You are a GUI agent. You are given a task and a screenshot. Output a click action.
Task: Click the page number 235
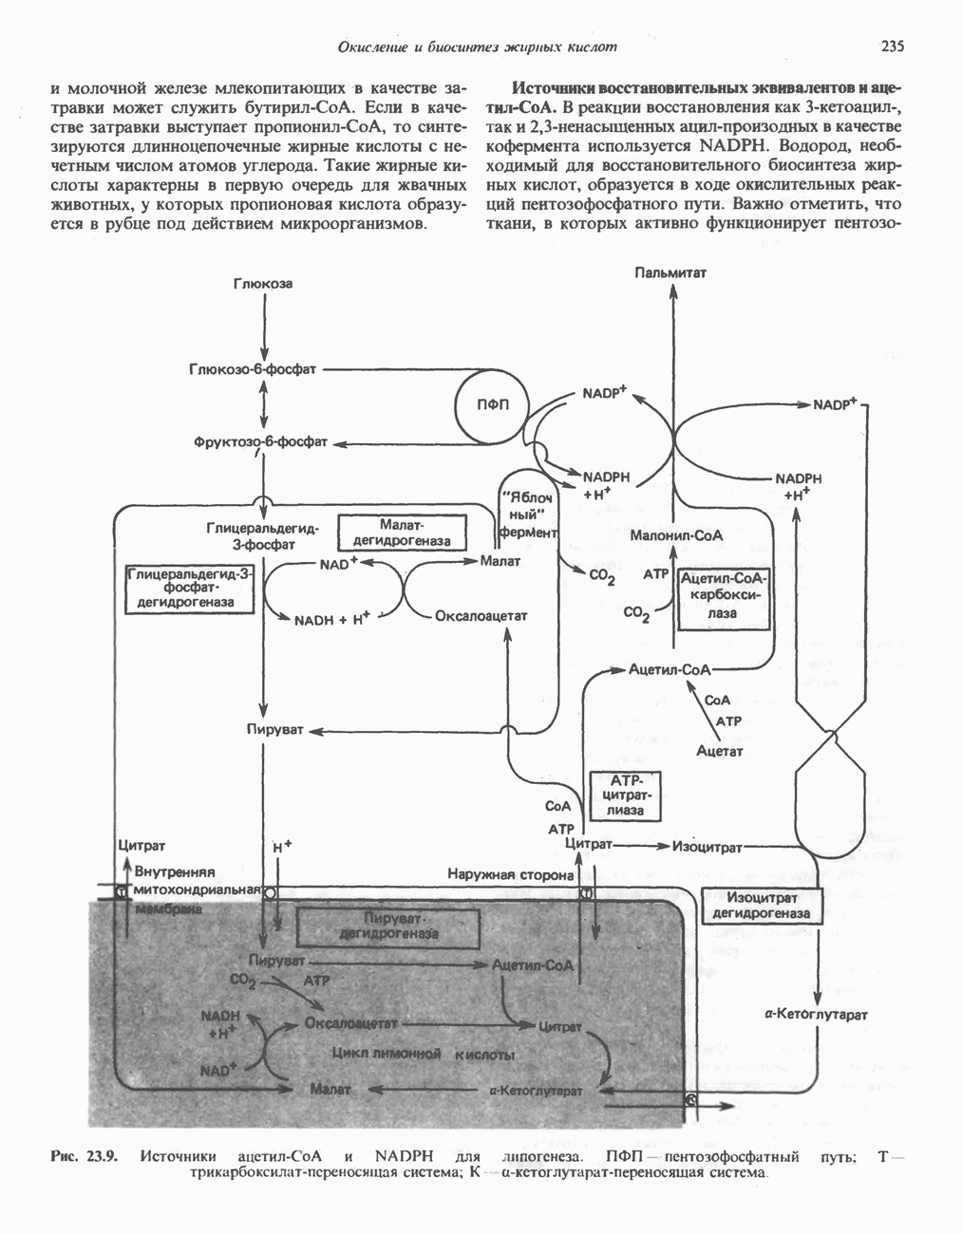point(892,46)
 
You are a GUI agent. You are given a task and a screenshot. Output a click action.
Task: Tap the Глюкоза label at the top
point(262,284)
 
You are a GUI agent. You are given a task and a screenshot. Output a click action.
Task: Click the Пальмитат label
point(670,272)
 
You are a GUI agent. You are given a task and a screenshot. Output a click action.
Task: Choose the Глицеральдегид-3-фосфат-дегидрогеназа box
point(190,589)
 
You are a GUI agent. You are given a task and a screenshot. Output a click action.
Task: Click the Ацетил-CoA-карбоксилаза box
point(723,596)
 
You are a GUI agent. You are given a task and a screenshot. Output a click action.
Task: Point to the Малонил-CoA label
point(676,535)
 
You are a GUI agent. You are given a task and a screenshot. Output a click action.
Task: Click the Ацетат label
point(719,751)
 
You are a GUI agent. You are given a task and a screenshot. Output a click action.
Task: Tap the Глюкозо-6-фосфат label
point(253,370)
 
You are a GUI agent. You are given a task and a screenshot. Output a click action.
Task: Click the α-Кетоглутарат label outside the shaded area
point(816,1015)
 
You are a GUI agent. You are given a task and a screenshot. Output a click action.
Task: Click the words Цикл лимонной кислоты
point(424,1055)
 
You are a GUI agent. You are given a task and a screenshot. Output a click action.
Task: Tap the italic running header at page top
point(478,47)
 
